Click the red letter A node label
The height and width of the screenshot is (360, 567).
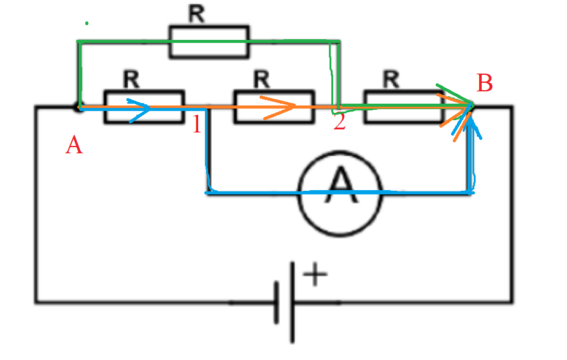(74, 145)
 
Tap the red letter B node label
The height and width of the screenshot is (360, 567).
(485, 83)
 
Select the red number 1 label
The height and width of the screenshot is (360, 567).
(197, 124)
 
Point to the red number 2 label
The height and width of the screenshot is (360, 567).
(339, 121)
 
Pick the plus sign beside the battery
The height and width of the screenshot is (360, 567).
(315, 274)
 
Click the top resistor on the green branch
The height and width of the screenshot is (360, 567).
(209, 42)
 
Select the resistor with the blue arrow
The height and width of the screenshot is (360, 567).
(144, 107)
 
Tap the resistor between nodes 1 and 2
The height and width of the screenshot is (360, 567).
(274, 107)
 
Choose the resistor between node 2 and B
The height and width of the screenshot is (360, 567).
(404, 107)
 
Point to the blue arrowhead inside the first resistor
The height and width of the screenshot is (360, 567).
(139, 110)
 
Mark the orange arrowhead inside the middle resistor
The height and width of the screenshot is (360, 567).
(279, 107)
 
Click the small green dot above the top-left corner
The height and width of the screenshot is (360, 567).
(87, 23)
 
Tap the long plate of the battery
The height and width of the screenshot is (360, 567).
(292, 302)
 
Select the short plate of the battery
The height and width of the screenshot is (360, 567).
(277, 302)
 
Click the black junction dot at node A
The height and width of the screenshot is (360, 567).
(78, 107)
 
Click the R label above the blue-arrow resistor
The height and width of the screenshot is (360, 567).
(131, 79)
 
